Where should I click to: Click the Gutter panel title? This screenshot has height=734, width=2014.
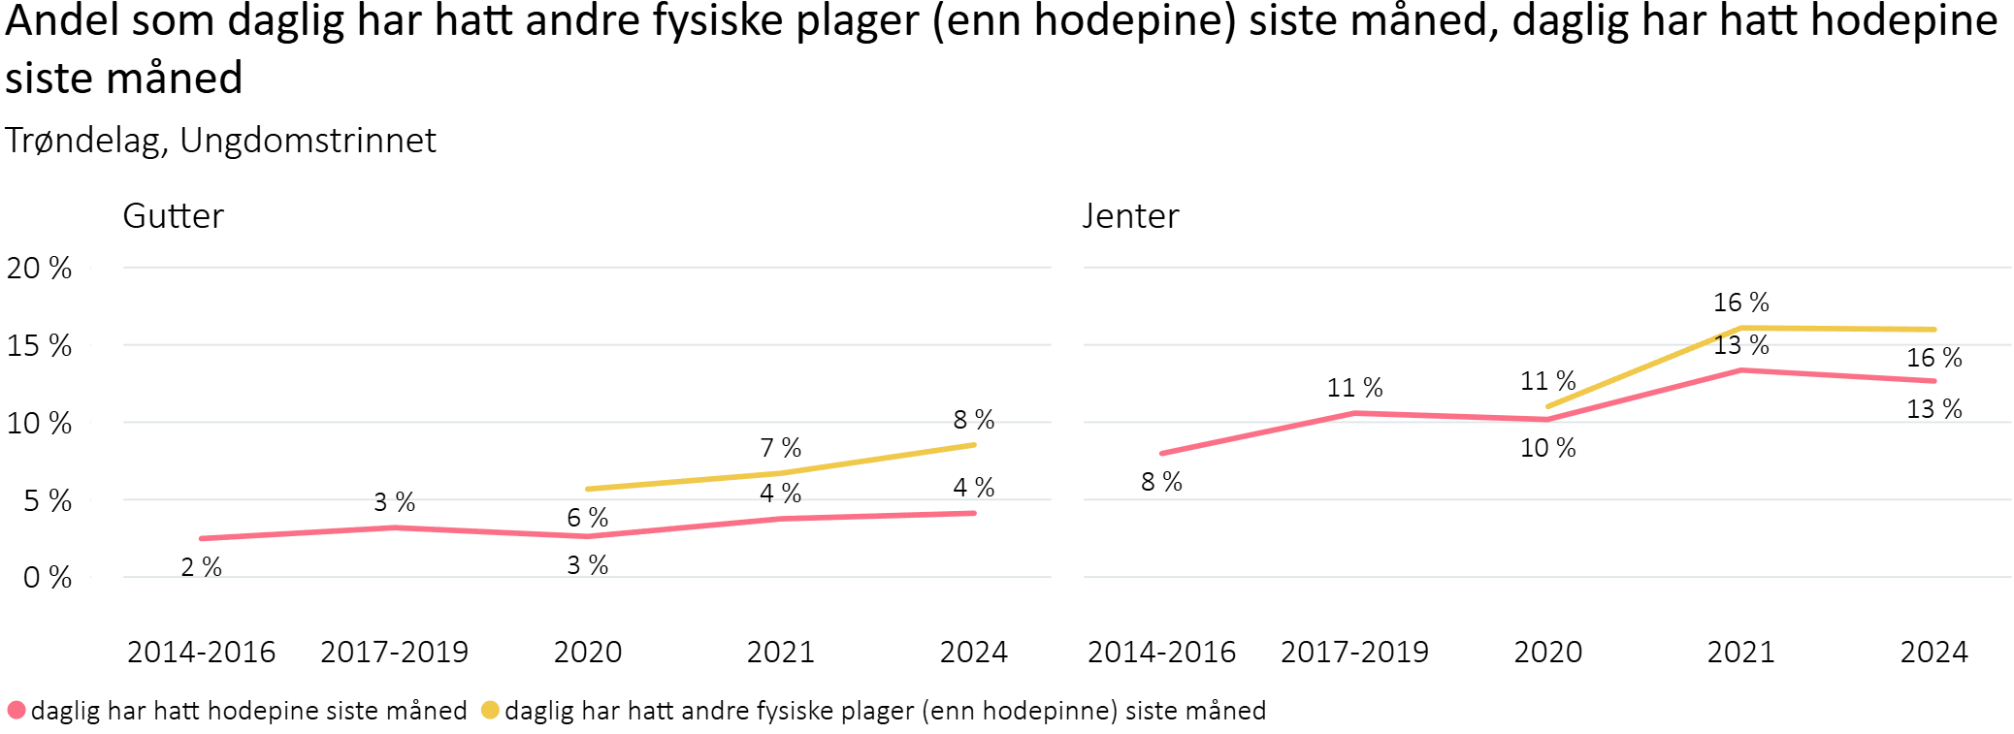pyautogui.click(x=173, y=216)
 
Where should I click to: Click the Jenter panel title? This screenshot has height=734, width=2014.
pyautogui.click(x=1130, y=216)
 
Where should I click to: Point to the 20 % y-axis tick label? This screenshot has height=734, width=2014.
pyautogui.click(x=39, y=269)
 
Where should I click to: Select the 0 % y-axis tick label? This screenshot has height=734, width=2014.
pyautogui.click(x=47, y=578)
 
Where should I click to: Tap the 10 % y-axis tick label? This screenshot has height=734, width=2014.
pyautogui.click(x=39, y=424)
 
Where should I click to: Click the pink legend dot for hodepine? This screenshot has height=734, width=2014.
pyautogui.click(x=16, y=710)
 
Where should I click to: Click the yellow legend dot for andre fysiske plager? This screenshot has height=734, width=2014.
pyautogui.click(x=490, y=710)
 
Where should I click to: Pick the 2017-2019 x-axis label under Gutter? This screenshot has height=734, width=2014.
pyautogui.click(x=394, y=652)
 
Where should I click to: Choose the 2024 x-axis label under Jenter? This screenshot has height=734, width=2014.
pyautogui.click(x=1933, y=652)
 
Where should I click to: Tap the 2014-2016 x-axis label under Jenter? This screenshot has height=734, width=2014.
pyautogui.click(x=1161, y=652)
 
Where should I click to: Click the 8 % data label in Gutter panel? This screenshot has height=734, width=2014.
pyautogui.click(x=974, y=420)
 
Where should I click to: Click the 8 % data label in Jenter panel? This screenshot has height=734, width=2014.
pyautogui.click(x=1161, y=482)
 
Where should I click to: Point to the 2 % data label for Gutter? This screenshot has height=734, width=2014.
pyautogui.click(x=202, y=567)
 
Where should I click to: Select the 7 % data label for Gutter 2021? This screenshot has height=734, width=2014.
pyautogui.click(x=780, y=448)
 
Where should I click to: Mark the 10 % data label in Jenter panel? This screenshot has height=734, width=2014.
pyautogui.click(x=1547, y=448)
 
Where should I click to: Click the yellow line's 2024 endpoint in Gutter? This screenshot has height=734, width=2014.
pyautogui.click(x=973, y=445)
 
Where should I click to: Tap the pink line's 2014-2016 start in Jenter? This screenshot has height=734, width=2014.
pyautogui.click(x=1162, y=453)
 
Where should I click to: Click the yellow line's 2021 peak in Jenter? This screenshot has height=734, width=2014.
pyautogui.click(x=1741, y=328)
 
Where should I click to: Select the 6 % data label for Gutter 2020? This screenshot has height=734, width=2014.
pyautogui.click(x=588, y=518)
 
